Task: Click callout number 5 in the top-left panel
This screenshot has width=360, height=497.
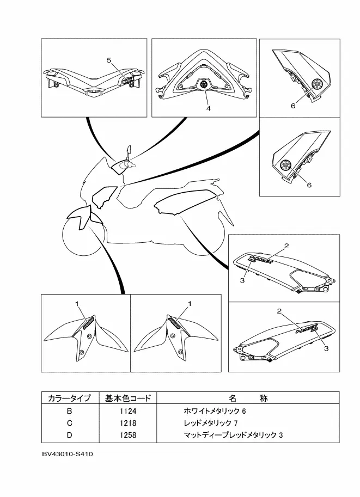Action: (108, 60)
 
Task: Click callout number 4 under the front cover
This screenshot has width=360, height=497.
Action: (208, 108)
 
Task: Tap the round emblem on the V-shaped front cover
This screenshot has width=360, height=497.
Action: (204, 85)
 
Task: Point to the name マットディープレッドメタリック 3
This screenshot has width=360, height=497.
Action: (234, 435)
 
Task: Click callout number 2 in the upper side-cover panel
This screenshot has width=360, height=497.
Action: (286, 247)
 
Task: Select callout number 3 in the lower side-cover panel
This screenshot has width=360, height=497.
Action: (326, 348)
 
